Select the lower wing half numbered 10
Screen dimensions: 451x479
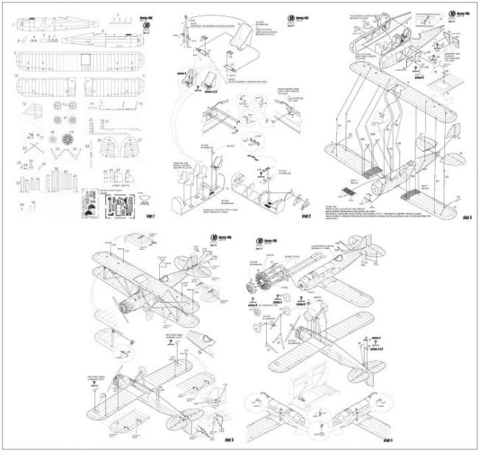44,87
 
